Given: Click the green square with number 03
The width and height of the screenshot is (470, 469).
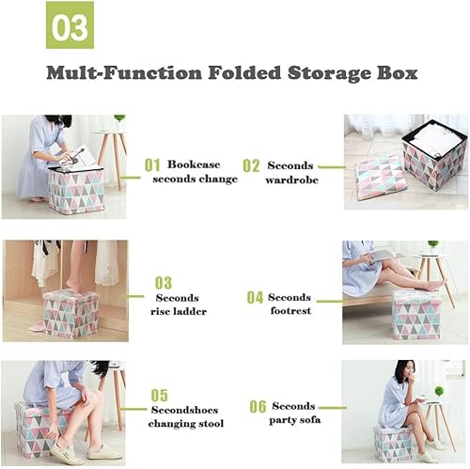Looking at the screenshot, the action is click(x=70, y=25).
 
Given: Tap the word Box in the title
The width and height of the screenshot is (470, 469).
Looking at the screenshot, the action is click(x=398, y=73).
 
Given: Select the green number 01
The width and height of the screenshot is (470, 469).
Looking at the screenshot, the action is click(x=152, y=165).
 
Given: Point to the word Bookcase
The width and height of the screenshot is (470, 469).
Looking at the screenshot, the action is click(x=194, y=164).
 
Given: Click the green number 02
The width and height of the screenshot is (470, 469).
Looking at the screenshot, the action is click(x=251, y=165).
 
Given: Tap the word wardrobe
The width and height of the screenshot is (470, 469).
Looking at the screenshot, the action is click(x=291, y=180).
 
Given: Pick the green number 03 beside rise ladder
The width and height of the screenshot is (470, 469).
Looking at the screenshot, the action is click(x=164, y=283).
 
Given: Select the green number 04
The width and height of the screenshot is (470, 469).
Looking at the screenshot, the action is click(x=255, y=297).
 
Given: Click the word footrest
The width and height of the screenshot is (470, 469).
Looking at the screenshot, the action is click(x=290, y=311).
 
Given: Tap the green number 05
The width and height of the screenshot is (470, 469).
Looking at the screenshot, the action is click(x=160, y=396).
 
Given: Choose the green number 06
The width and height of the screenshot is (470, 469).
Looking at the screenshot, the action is click(x=258, y=407).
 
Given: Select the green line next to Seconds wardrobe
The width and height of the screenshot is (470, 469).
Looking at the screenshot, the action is click(x=332, y=167).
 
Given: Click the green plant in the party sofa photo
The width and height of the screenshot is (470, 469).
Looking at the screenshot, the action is click(x=439, y=391).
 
